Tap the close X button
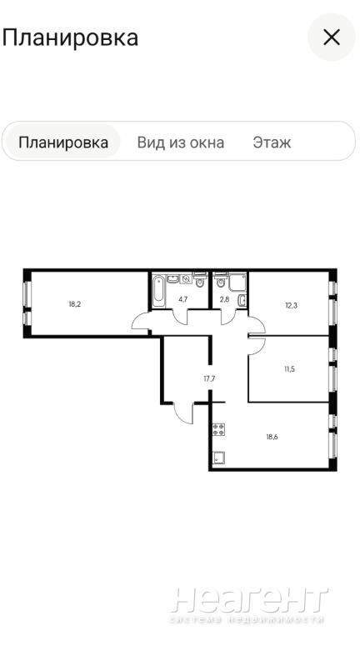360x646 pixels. (x=331, y=38)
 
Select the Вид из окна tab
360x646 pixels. (x=180, y=143)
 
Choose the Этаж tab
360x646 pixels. (x=272, y=143)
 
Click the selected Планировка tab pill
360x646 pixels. (x=63, y=143)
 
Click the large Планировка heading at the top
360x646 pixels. (x=70, y=38)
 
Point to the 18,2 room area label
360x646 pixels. (x=74, y=304)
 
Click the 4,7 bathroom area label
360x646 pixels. (x=183, y=299)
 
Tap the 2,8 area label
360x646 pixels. (x=224, y=299)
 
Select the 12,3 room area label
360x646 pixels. (x=290, y=305)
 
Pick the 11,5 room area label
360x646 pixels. (x=289, y=368)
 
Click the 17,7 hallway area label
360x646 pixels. (x=210, y=378)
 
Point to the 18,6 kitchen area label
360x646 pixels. (x=272, y=437)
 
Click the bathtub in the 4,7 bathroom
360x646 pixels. (x=158, y=291)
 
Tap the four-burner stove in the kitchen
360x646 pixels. (x=218, y=429)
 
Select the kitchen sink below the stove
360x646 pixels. (x=218, y=457)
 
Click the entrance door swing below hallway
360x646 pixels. (x=183, y=412)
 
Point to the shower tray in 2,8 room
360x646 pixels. (x=237, y=283)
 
